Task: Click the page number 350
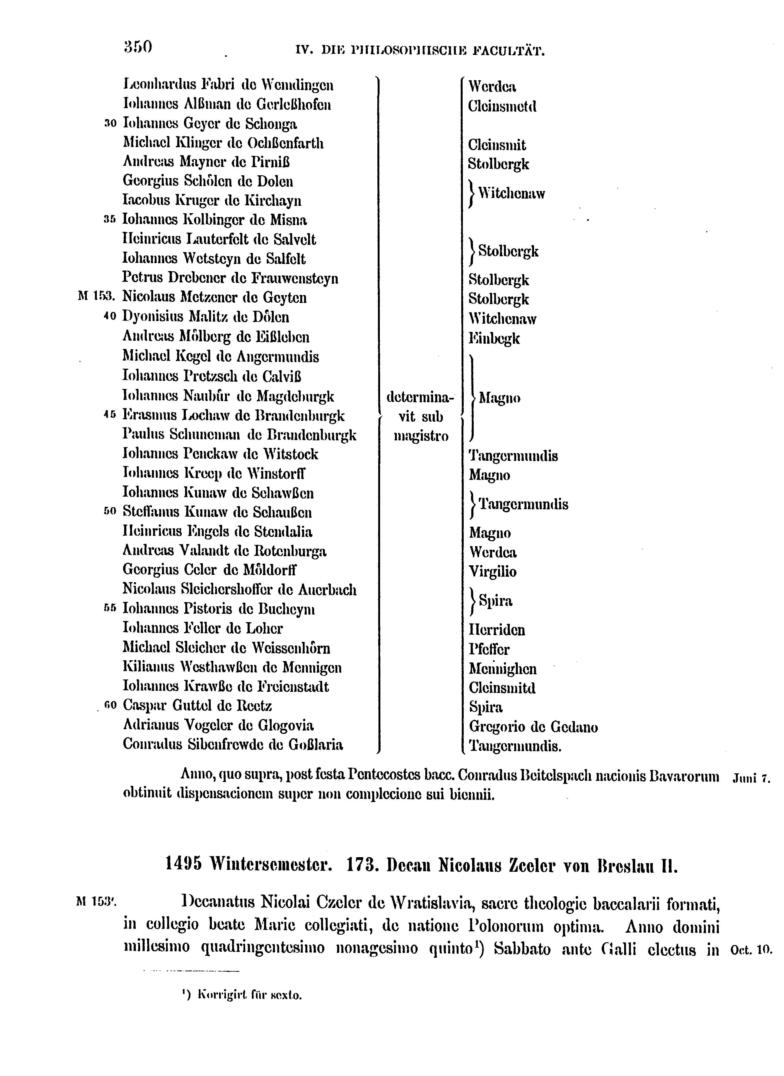pos(138,47)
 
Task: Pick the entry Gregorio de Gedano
pos(533,726)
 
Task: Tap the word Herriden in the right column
pos(497,630)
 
